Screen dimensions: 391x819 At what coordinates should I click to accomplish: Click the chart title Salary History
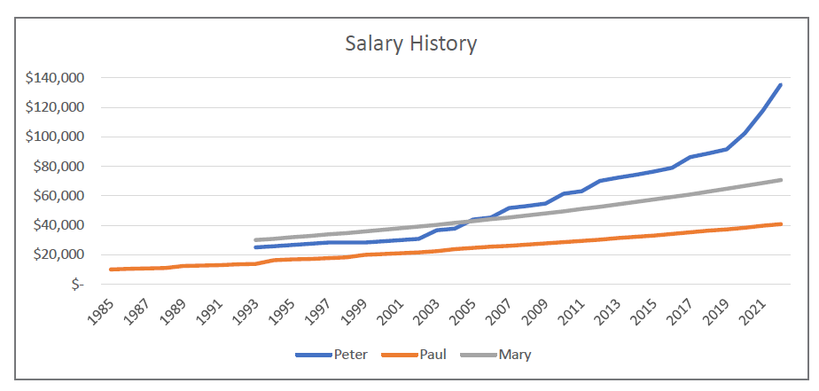click(410, 43)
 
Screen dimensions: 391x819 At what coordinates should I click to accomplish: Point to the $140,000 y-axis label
click(55, 78)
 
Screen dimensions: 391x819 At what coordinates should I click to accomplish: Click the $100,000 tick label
click(55, 137)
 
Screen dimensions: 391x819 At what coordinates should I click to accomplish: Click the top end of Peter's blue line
click(781, 84)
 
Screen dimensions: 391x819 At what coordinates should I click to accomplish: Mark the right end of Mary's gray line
click(781, 180)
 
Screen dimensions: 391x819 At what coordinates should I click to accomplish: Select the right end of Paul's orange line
click(781, 223)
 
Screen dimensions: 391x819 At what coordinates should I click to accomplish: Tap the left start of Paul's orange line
click(111, 270)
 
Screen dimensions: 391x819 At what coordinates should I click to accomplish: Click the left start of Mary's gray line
click(255, 240)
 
